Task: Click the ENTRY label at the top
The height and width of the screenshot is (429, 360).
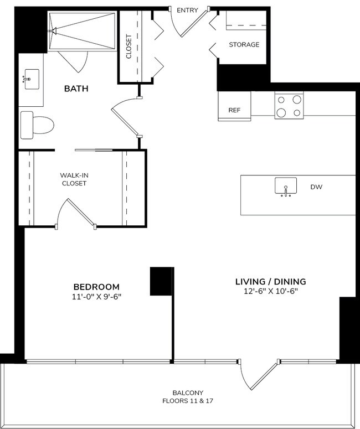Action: [x=188, y=11]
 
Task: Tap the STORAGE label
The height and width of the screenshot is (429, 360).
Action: [x=244, y=45]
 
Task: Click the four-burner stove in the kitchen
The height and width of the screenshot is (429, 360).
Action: [x=289, y=106]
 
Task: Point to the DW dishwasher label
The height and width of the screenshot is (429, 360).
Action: [x=316, y=187]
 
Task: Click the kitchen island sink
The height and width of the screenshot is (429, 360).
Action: [x=285, y=187]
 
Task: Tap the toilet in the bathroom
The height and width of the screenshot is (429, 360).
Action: [x=37, y=125]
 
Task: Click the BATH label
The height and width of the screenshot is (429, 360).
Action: [x=76, y=89]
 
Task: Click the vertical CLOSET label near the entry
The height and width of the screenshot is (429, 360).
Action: [x=128, y=47]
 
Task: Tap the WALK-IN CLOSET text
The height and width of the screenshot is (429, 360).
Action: [x=74, y=179]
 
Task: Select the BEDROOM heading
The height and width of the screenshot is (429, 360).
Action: [x=96, y=287]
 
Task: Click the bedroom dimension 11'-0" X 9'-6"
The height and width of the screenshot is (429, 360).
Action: [x=96, y=296]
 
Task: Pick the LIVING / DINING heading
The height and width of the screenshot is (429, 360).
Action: [x=270, y=281]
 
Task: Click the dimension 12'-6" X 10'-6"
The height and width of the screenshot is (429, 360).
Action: [x=270, y=291]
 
